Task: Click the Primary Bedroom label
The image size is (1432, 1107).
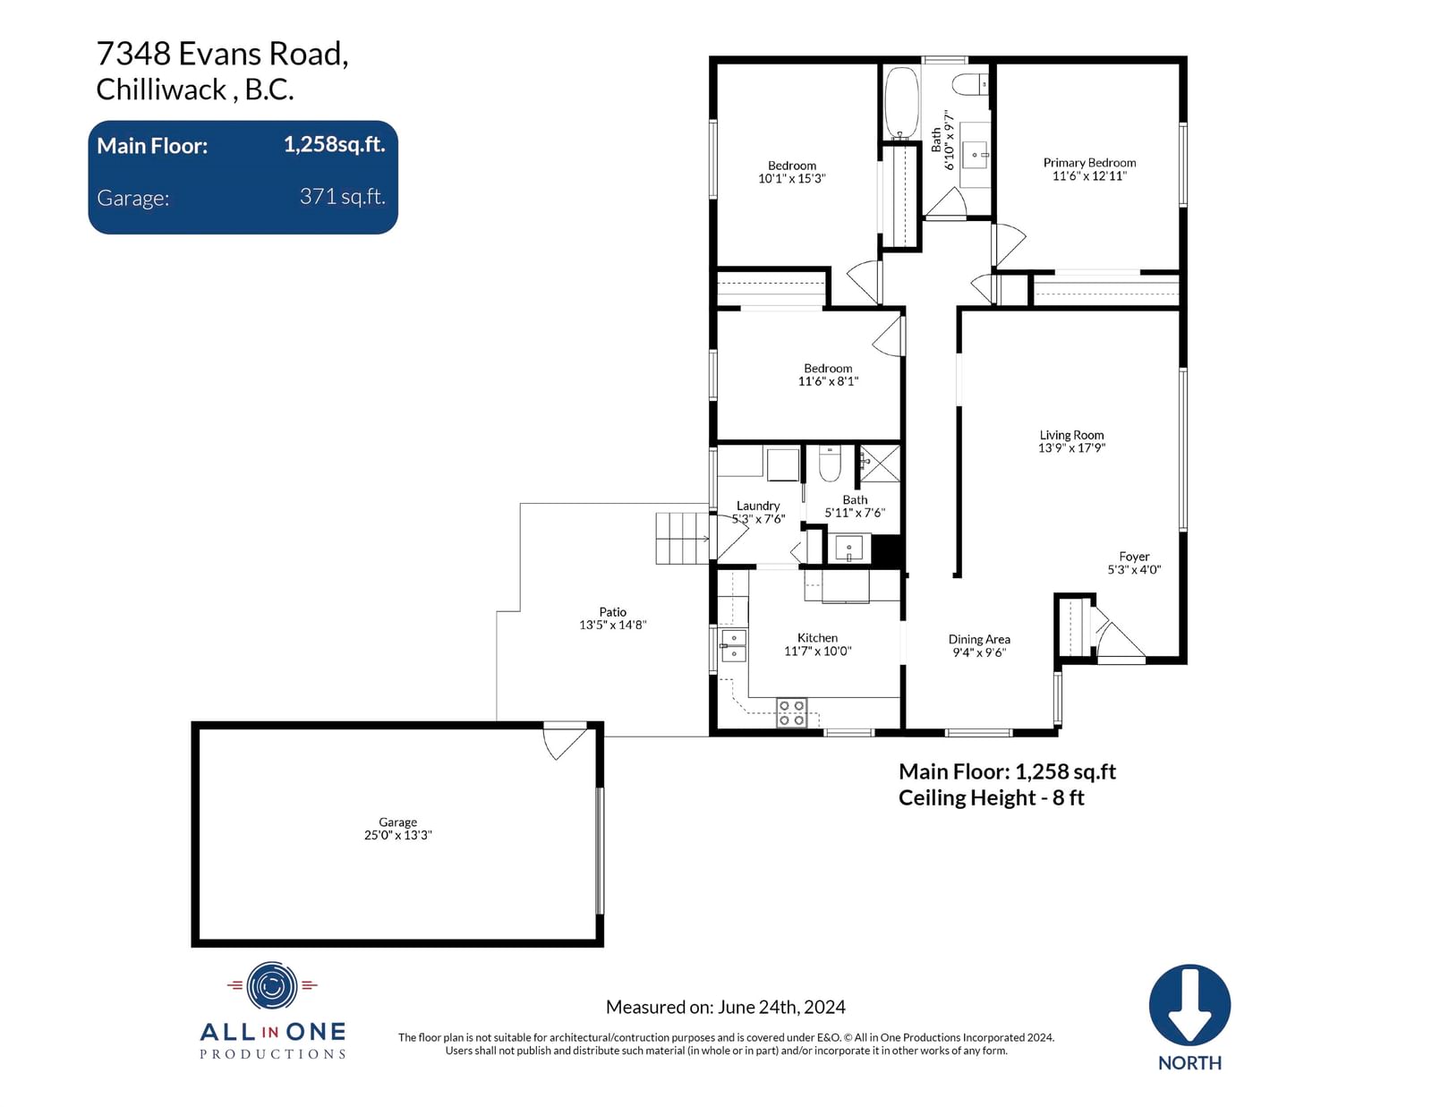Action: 1088,163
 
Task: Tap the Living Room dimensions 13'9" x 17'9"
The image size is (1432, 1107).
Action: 1071,448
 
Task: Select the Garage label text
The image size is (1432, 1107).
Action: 397,822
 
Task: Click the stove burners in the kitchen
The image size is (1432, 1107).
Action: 791,713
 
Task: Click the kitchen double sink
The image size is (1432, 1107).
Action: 733,646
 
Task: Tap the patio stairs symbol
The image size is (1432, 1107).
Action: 682,539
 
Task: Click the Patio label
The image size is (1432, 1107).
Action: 612,612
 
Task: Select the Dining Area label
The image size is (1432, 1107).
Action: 978,639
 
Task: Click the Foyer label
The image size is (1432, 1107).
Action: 1133,557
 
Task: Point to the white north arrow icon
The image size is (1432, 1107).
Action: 1189,1004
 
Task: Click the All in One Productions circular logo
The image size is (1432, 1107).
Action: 272,986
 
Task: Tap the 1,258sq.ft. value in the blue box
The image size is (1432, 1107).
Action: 334,144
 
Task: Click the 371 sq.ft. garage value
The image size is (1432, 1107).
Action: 342,196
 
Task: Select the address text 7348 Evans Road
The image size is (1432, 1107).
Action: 222,54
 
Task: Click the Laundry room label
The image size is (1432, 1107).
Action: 758,506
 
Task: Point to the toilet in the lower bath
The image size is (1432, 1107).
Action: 830,464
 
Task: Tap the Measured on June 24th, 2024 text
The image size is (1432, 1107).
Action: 725,1007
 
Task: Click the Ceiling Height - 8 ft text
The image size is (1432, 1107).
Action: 991,798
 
